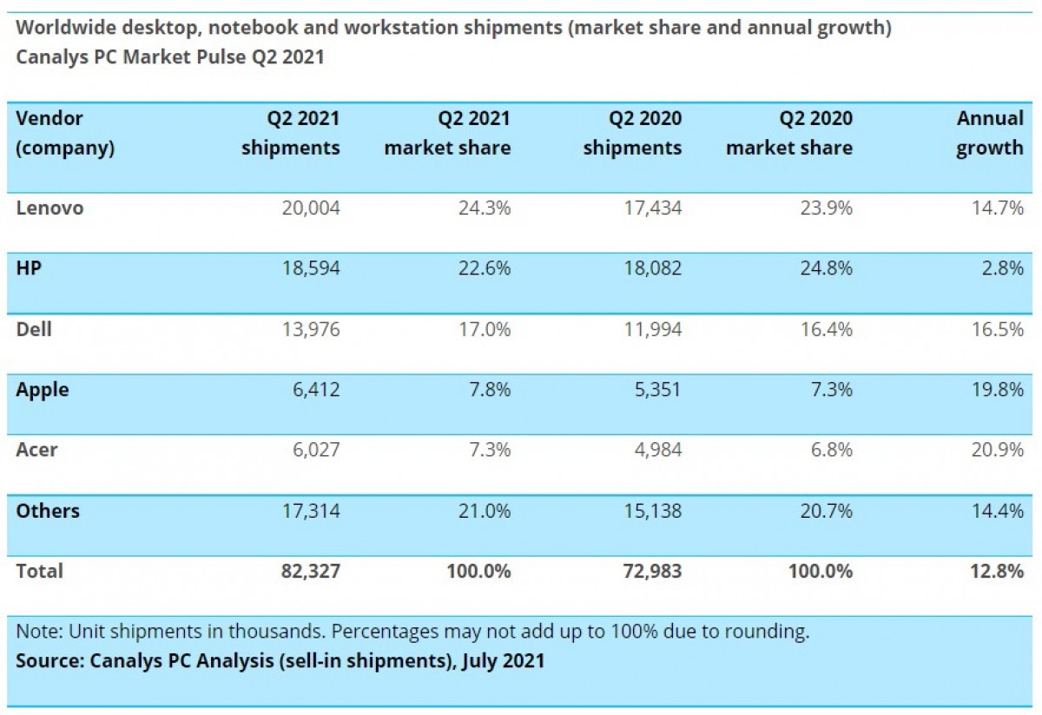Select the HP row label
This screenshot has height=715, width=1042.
click(x=29, y=268)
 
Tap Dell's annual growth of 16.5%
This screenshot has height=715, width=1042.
click(x=998, y=329)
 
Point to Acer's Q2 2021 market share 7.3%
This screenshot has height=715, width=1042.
click(x=485, y=450)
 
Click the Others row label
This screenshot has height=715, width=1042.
click(x=48, y=510)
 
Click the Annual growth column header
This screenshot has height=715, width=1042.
click(x=990, y=133)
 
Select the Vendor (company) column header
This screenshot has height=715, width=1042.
click(x=65, y=133)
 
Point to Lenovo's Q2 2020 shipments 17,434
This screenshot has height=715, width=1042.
click(x=650, y=208)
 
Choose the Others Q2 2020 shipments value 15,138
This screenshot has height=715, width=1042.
click(x=650, y=510)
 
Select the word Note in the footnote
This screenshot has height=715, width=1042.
click(x=36, y=631)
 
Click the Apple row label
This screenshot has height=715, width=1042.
click(x=43, y=389)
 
